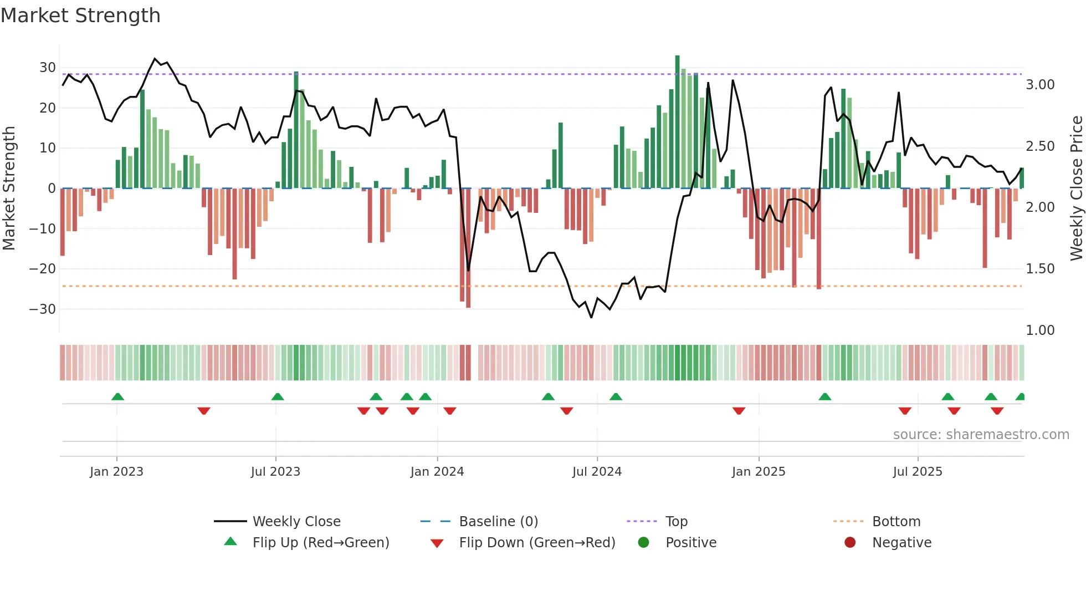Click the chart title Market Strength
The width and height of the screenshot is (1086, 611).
[80, 16]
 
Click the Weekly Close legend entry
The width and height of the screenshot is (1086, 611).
[296, 521]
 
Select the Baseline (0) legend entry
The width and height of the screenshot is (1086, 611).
[498, 521]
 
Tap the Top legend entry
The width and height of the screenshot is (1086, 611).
[676, 521]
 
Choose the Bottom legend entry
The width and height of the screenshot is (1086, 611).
[896, 521]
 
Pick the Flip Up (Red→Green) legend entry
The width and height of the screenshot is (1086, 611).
[320, 542]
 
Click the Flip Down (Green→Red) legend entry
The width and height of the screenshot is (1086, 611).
[536, 542]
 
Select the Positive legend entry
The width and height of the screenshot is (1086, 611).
[690, 542]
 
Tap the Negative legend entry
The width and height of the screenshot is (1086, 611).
[901, 542]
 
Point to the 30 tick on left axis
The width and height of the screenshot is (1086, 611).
[48, 68]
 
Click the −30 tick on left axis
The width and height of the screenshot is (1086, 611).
[43, 309]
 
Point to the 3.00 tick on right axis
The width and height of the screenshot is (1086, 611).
[1040, 85]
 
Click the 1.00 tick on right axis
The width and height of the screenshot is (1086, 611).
[1040, 330]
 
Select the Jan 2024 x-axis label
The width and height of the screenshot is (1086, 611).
[437, 472]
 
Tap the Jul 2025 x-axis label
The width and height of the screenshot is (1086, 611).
[918, 472]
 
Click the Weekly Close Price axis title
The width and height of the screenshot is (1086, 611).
[1076, 188]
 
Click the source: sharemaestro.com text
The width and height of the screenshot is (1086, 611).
[981, 435]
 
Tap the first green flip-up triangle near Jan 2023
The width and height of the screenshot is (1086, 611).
[117, 396]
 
